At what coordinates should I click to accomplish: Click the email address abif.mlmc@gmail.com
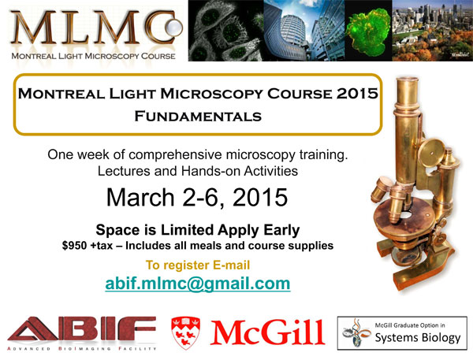(x=198, y=284)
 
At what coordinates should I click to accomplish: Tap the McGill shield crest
(x=185, y=332)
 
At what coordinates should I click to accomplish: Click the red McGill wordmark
(x=267, y=332)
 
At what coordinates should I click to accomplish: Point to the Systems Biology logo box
(x=402, y=333)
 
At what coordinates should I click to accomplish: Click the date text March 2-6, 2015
(x=197, y=198)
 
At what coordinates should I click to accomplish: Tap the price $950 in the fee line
(x=74, y=246)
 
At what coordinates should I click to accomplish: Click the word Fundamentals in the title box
(x=198, y=117)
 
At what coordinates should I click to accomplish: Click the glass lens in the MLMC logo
(x=174, y=28)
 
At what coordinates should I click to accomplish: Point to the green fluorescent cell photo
(x=368, y=31)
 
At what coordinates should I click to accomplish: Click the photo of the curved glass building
(x=304, y=31)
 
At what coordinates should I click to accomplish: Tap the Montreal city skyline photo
(x=433, y=31)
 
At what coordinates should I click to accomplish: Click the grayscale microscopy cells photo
(x=226, y=31)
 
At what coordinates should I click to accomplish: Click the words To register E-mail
(x=198, y=265)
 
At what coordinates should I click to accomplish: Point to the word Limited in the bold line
(x=188, y=230)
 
